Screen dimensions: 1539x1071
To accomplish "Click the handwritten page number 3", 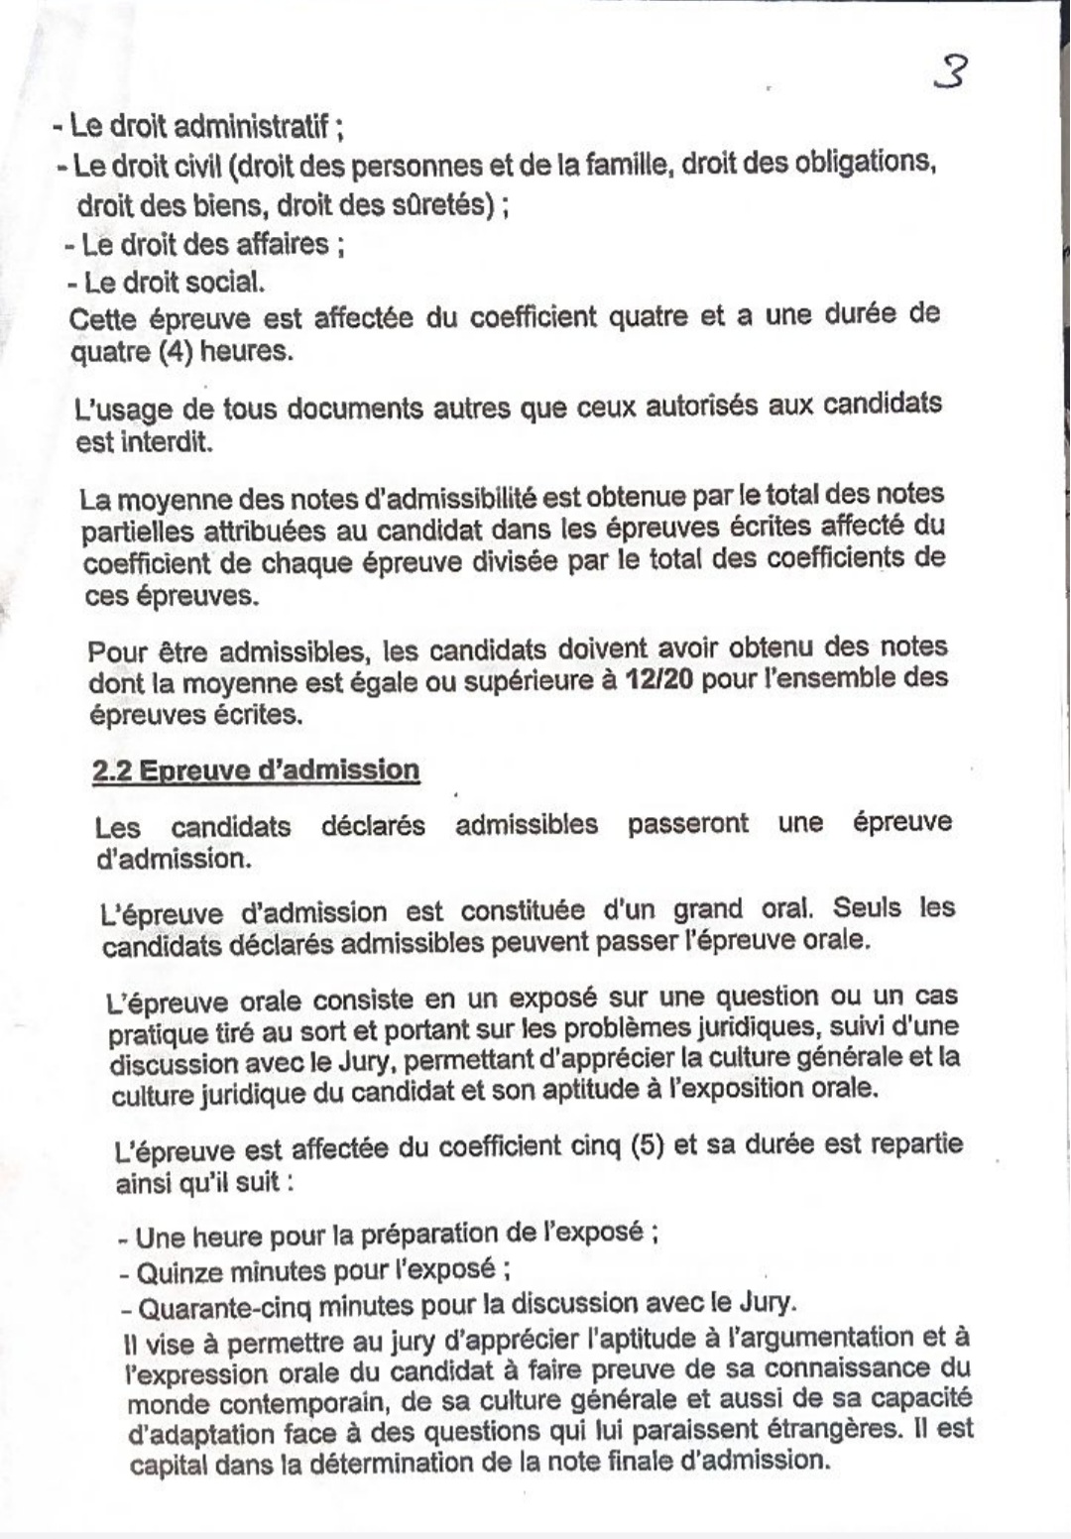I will pos(951,73).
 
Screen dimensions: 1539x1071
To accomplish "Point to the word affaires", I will pos(281,244).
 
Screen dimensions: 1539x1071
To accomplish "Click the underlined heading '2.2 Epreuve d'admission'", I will pos(256,770).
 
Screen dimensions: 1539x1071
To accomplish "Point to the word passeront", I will pos(687,824).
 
